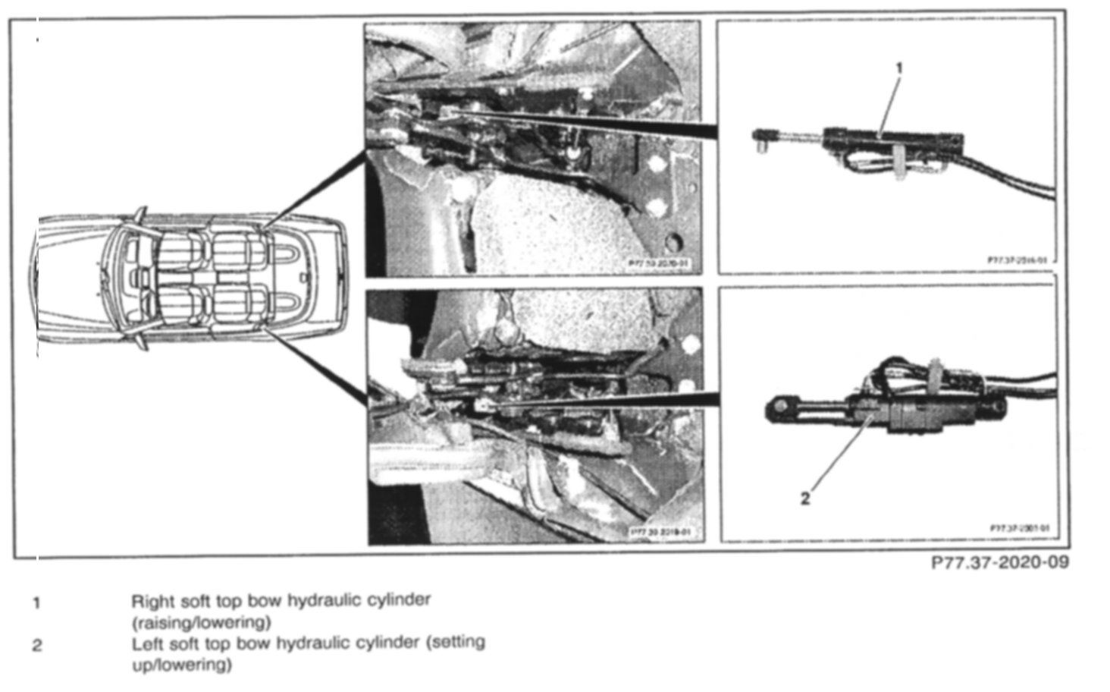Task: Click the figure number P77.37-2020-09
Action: (999, 563)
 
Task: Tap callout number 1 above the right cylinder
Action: (899, 68)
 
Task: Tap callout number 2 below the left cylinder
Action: (805, 499)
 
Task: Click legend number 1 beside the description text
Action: (36, 604)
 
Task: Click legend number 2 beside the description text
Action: (36, 646)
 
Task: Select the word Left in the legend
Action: (146, 644)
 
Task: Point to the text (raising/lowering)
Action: (201, 623)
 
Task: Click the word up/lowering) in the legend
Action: (182, 665)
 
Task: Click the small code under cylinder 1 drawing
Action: (1016, 259)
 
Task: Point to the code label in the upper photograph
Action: (659, 264)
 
